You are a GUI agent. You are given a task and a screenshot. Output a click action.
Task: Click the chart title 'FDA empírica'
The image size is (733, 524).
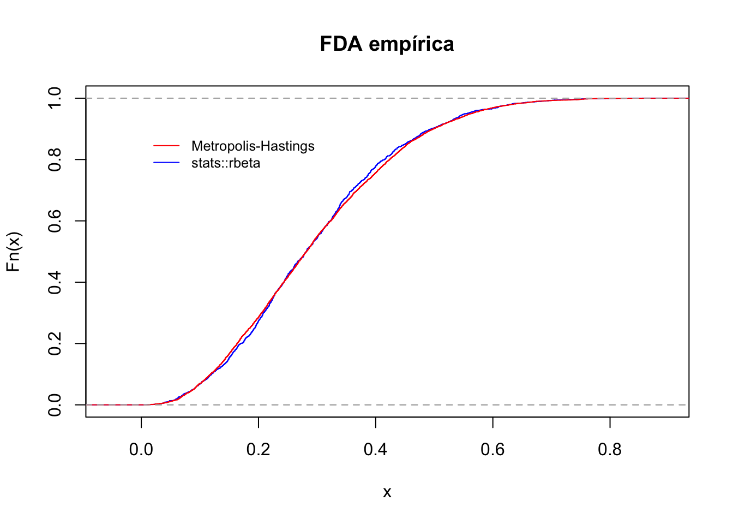[x=387, y=44]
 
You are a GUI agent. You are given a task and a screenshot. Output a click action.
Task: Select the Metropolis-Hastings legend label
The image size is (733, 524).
[x=253, y=146]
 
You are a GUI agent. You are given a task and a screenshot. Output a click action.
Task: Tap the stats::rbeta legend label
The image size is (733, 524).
[x=226, y=163]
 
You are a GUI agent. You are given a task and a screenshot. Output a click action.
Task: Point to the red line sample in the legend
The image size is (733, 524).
[x=166, y=146]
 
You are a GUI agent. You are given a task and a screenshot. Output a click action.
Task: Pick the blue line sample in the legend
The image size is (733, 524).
[x=166, y=163]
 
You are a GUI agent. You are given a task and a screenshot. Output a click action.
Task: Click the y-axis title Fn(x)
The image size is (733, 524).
[x=13, y=252]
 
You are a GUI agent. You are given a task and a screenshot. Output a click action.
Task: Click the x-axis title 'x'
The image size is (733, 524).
[x=387, y=492]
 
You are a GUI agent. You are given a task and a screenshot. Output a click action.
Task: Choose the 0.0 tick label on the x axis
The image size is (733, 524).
[x=141, y=450]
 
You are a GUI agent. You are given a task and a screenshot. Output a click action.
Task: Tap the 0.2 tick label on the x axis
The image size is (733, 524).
[x=259, y=450]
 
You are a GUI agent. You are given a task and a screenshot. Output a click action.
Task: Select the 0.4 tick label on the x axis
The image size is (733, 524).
[x=376, y=450]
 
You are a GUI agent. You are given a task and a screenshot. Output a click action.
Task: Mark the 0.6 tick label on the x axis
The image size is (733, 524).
[x=493, y=450]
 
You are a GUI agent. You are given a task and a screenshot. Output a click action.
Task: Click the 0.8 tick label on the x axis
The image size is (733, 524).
[x=610, y=450]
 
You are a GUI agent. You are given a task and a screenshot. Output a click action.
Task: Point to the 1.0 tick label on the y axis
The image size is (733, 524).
[x=55, y=98]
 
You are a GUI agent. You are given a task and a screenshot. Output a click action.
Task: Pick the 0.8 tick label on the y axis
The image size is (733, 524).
[x=55, y=159]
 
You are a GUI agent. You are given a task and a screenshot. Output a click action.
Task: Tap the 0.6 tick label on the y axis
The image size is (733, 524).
[x=55, y=221]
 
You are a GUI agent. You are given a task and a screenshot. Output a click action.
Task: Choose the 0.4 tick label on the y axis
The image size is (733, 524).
[x=55, y=282]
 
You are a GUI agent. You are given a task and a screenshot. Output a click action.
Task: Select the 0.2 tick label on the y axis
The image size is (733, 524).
[x=55, y=344]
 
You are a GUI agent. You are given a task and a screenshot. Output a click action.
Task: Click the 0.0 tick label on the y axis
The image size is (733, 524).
[x=55, y=405]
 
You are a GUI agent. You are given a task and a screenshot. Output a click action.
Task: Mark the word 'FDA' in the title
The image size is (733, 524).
[x=341, y=44]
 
